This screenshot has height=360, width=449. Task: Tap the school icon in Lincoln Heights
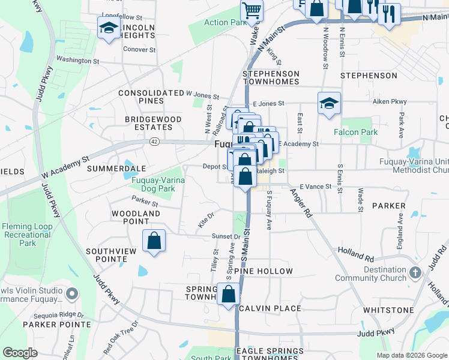pyautogui.click(x=109, y=27)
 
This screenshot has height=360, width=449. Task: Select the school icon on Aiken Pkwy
pyautogui.click(x=329, y=103)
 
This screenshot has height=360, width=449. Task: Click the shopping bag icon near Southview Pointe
pyautogui.click(x=154, y=241)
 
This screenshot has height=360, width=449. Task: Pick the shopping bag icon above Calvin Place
pyautogui.click(x=229, y=294)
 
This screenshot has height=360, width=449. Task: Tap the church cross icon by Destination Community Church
pyautogui.click(x=415, y=274)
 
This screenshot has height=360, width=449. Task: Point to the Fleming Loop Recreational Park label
pyautogui.click(x=27, y=235)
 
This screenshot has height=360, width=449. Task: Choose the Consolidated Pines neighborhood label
pyautogui.click(x=151, y=97)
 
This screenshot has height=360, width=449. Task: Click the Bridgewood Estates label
pyautogui.click(x=153, y=123)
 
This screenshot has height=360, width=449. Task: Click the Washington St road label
pyautogui.click(x=79, y=61)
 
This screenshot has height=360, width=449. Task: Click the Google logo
pyautogui.click(x=20, y=352)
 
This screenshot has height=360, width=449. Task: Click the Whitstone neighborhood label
pyautogui.click(x=388, y=310)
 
